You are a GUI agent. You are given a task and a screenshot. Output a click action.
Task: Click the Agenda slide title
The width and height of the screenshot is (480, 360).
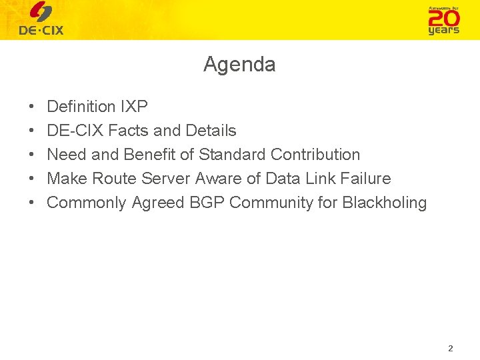[239, 65]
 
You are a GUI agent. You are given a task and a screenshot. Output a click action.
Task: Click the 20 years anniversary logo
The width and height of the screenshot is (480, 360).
[443, 20]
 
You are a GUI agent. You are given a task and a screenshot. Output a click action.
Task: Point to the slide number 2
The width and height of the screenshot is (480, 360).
[451, 349]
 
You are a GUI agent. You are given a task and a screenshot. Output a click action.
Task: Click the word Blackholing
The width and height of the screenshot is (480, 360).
[384, 203]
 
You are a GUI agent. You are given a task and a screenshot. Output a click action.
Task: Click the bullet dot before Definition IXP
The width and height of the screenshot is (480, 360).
[33, 107]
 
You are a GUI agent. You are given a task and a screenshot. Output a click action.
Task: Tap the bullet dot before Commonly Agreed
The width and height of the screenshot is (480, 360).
[33, 203]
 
